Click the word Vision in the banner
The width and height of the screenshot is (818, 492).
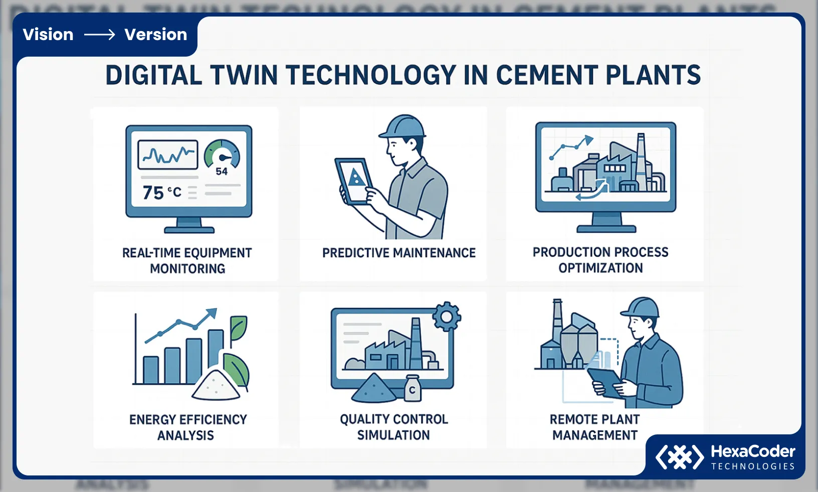(x=48, y=35)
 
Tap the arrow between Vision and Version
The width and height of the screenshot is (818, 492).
(x=99, y=35)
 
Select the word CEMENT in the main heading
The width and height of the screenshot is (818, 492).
(x=547, y=76)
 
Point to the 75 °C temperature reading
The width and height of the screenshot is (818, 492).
(x=161, y=192)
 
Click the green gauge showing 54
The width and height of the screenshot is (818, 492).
(x=222, y=156)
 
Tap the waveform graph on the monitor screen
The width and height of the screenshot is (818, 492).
(x=167, y=154)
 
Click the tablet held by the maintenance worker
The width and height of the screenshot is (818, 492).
(x=355, y=181)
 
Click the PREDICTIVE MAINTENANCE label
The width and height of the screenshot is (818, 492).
(x=399, y=253)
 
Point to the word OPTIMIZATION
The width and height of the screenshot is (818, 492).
(x=600, y=268)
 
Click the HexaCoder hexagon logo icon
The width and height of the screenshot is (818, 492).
(x=680, y=457)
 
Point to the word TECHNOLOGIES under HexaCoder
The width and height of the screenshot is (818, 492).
(x=753, y=466)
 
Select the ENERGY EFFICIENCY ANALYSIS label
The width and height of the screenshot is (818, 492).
(x=188, y=427)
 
